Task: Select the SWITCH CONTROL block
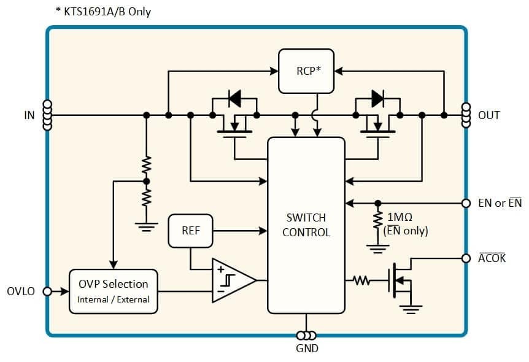point(306,225)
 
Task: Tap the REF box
point(190,231)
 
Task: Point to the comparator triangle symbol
point(232,280)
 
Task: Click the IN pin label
point(29,115)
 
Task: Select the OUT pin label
point(488,115)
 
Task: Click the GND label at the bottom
point(307,349)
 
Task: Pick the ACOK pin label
point(492,258)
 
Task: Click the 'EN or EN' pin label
point(500,203)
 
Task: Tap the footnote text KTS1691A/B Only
point(102,11)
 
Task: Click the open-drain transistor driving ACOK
point(400,281)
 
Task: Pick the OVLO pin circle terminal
point(47,291)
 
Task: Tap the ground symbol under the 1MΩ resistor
point(377,248)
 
